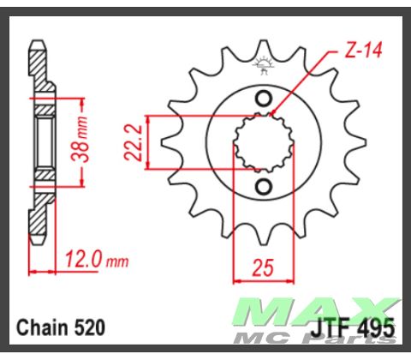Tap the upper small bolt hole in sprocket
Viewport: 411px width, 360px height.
coord(263,96)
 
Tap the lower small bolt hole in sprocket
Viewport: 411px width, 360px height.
coord(263,187)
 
